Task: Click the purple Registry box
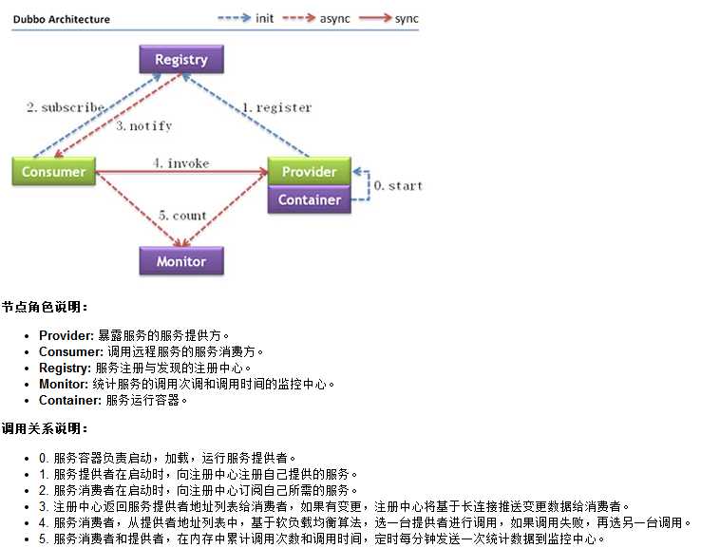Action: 181,60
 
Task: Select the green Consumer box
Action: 53,171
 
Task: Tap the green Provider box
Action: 310,171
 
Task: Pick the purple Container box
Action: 310,199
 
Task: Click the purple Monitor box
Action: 181,261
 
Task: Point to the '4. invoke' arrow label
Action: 181,163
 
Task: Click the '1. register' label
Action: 276,107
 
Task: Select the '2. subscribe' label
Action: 66,107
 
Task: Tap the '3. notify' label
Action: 144,126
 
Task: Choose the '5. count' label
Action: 182,216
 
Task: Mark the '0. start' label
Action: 398,185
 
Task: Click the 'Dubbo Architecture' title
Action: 62,19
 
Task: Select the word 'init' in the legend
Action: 264,18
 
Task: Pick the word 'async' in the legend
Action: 335,19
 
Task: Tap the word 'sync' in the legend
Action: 407,19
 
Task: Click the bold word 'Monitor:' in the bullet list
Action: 64,384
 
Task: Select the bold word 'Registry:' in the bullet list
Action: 65,368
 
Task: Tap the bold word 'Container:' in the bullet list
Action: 70,400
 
